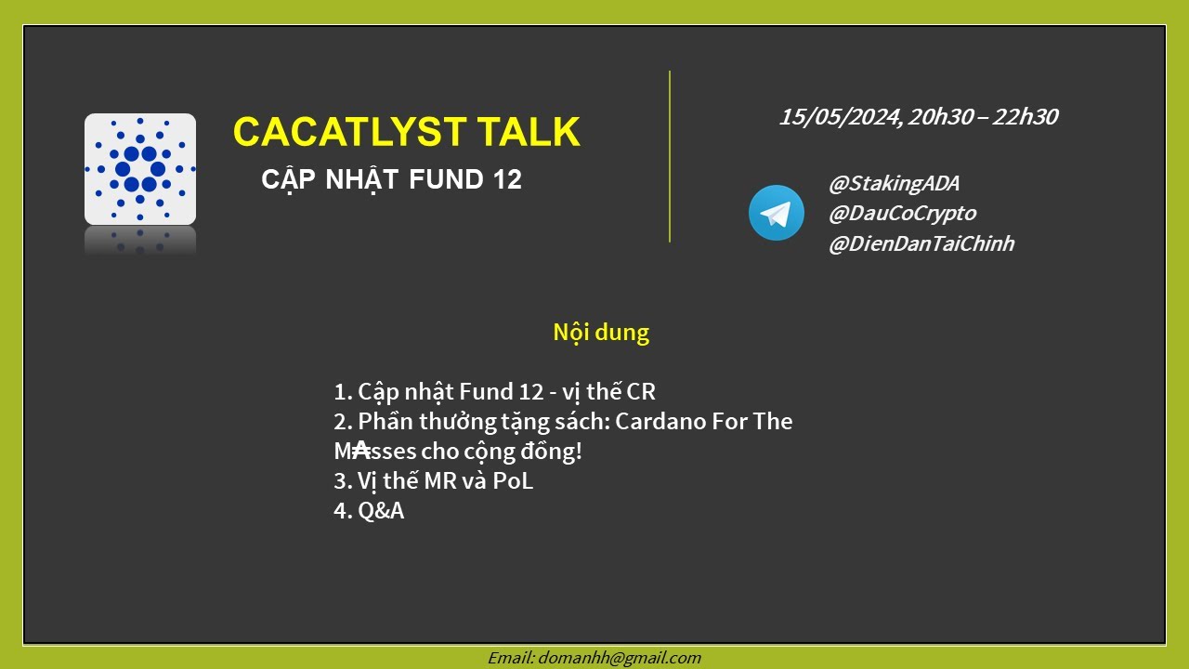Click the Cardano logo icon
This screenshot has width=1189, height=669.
pyautogui.click(x=140, y=169)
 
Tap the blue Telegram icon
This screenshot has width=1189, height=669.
pyautogui.click(x=776, y=213)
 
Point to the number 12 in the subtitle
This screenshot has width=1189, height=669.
pyautogui.click(x=502, y=180)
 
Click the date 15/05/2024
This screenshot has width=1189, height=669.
pyautogui.click(x=839, y=117)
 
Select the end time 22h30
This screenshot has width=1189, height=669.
pyautogui.click(x=1025, y=117)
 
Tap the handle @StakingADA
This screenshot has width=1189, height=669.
pyautogui.click(x=894, y=184)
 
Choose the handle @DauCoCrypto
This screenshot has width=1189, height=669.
pyautogui.click(x=902, y=214)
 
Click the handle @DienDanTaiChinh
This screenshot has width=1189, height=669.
pyautogui.click(x=921, y=244)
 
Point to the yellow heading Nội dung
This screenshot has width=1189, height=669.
pyautogui.click(x=601, y=333)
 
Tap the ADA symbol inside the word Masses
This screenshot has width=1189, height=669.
pyautogui.click(x=361, y=451)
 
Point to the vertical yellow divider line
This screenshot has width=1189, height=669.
pyautogui.click(x=670, y=156)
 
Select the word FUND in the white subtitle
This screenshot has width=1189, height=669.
pyautogui.click(x=442, y=180)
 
